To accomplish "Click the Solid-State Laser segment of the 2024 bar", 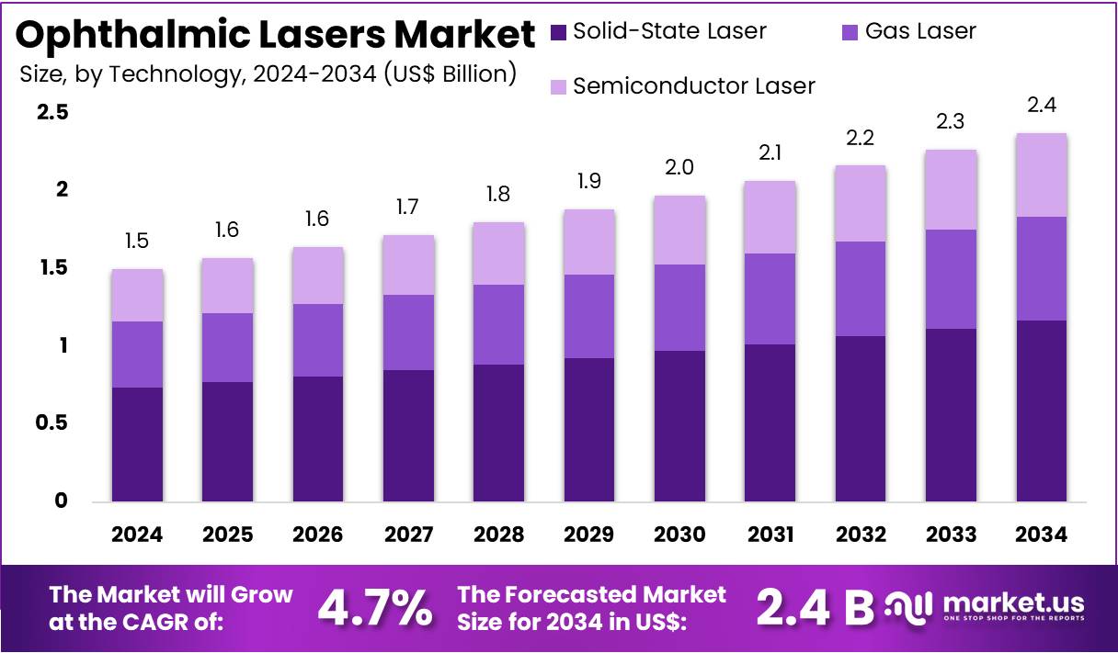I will coord(137,445).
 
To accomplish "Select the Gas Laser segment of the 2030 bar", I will coord(679,308).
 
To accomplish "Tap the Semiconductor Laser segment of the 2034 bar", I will coord(1041,175).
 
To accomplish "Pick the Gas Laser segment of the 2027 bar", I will coord(408,332).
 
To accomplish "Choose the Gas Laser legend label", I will coord(920,31).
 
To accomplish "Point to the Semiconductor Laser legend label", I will coord(693,86).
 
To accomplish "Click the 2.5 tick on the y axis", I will coord(51,113).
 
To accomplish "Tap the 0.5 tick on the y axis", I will coord(51,423).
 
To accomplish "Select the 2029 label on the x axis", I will coord(588,535).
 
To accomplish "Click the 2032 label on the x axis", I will coord(860,535).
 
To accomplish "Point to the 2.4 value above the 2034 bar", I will coord(1041,106).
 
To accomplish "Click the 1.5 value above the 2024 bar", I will coord(137,242).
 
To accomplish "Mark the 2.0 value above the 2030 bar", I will coord(679,167).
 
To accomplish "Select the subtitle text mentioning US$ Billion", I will coord(268,73).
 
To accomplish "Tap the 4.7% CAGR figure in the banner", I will coord(374,606).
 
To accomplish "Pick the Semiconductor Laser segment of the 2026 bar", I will coord(318,276).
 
